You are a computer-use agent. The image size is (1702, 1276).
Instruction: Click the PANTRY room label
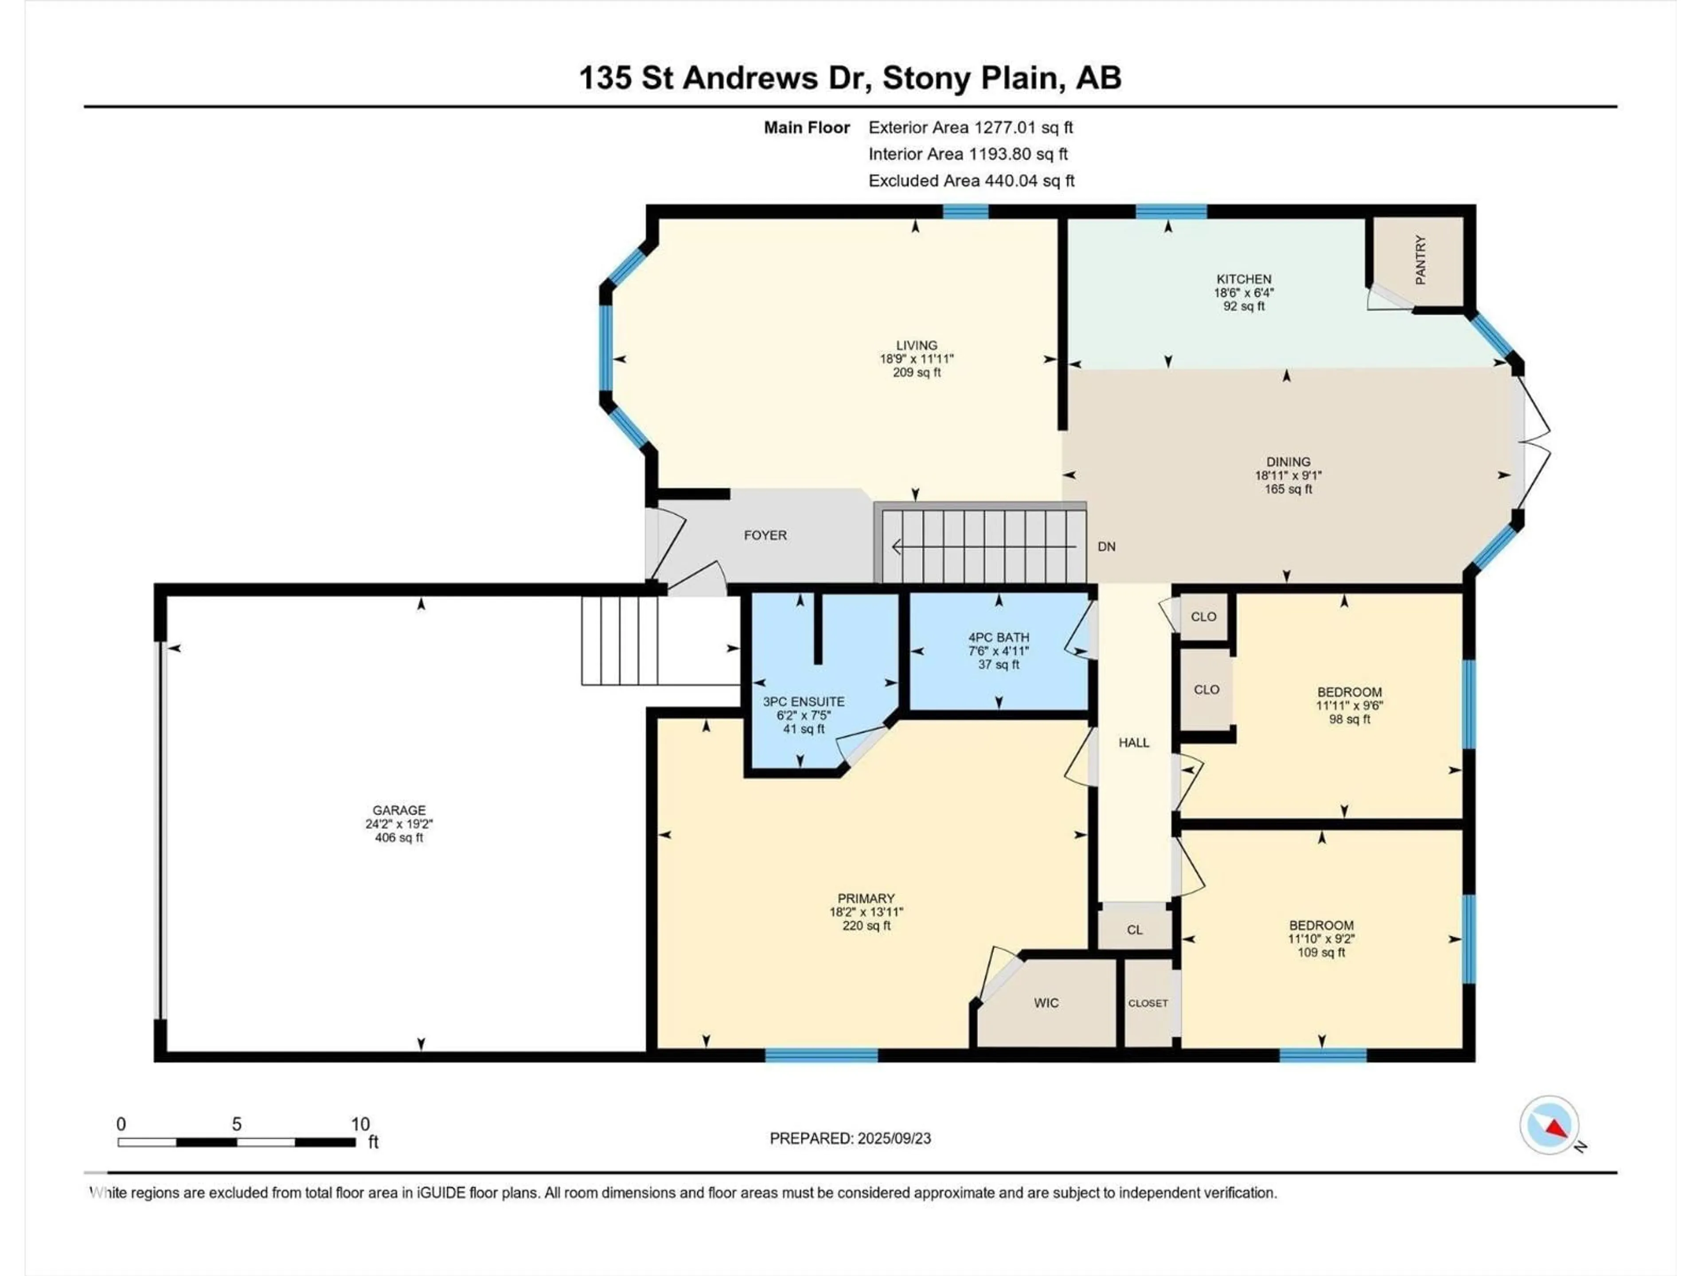1421,261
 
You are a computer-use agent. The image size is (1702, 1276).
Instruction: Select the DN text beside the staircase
1106,547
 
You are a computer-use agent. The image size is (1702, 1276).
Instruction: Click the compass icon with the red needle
1550,1125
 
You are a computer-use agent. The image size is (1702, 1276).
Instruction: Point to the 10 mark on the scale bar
360,1124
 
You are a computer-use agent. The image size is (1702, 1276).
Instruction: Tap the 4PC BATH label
998,638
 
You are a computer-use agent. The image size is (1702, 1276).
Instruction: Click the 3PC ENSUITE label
803,701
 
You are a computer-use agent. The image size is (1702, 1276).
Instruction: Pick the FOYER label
765,535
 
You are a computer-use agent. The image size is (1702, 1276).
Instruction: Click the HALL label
1133,742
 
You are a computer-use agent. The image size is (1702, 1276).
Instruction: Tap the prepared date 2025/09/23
850,1138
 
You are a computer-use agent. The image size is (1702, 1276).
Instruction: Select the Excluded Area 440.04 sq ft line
971,181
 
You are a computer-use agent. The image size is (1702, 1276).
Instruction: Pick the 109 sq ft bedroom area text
1321,952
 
